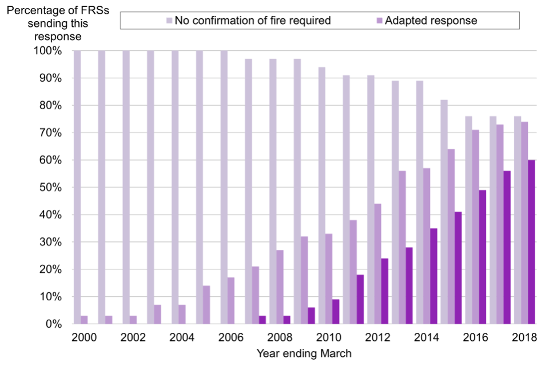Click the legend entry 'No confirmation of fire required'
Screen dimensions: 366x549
[252, 21]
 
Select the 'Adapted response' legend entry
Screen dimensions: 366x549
[431, 21]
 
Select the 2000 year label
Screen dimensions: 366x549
[84, 337]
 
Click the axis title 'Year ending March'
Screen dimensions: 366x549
[304, 353]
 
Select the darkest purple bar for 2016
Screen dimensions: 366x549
[483, 257]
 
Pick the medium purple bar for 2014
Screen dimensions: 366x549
[427, 246]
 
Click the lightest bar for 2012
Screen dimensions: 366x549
[371, 200]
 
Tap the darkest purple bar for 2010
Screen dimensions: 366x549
[336, 312]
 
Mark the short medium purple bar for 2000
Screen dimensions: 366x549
[84, 320]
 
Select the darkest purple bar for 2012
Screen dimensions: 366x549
[385, 291]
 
